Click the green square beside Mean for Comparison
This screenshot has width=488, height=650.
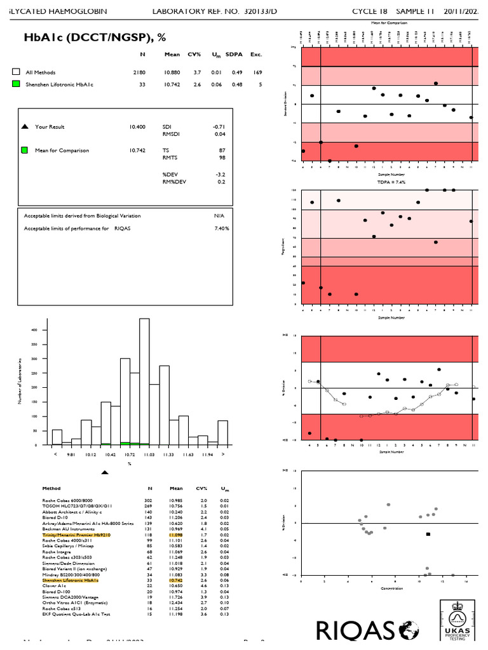(x=25, y=150)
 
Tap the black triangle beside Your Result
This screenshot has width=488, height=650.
(x=25, y=127)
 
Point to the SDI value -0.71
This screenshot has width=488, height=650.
(x=219, y=127)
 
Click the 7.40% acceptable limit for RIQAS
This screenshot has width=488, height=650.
(x=221, y=228)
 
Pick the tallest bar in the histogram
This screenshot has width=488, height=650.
(x=144, y=381)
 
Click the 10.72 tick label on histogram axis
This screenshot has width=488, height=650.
(x=130, y=455)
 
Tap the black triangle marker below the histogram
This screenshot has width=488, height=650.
(x=105, y=472)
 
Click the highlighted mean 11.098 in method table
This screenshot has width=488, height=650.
(x=175, y=535)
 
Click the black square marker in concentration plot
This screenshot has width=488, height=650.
(x=428, y=534)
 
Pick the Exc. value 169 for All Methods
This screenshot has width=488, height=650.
(x=257, y=73)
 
